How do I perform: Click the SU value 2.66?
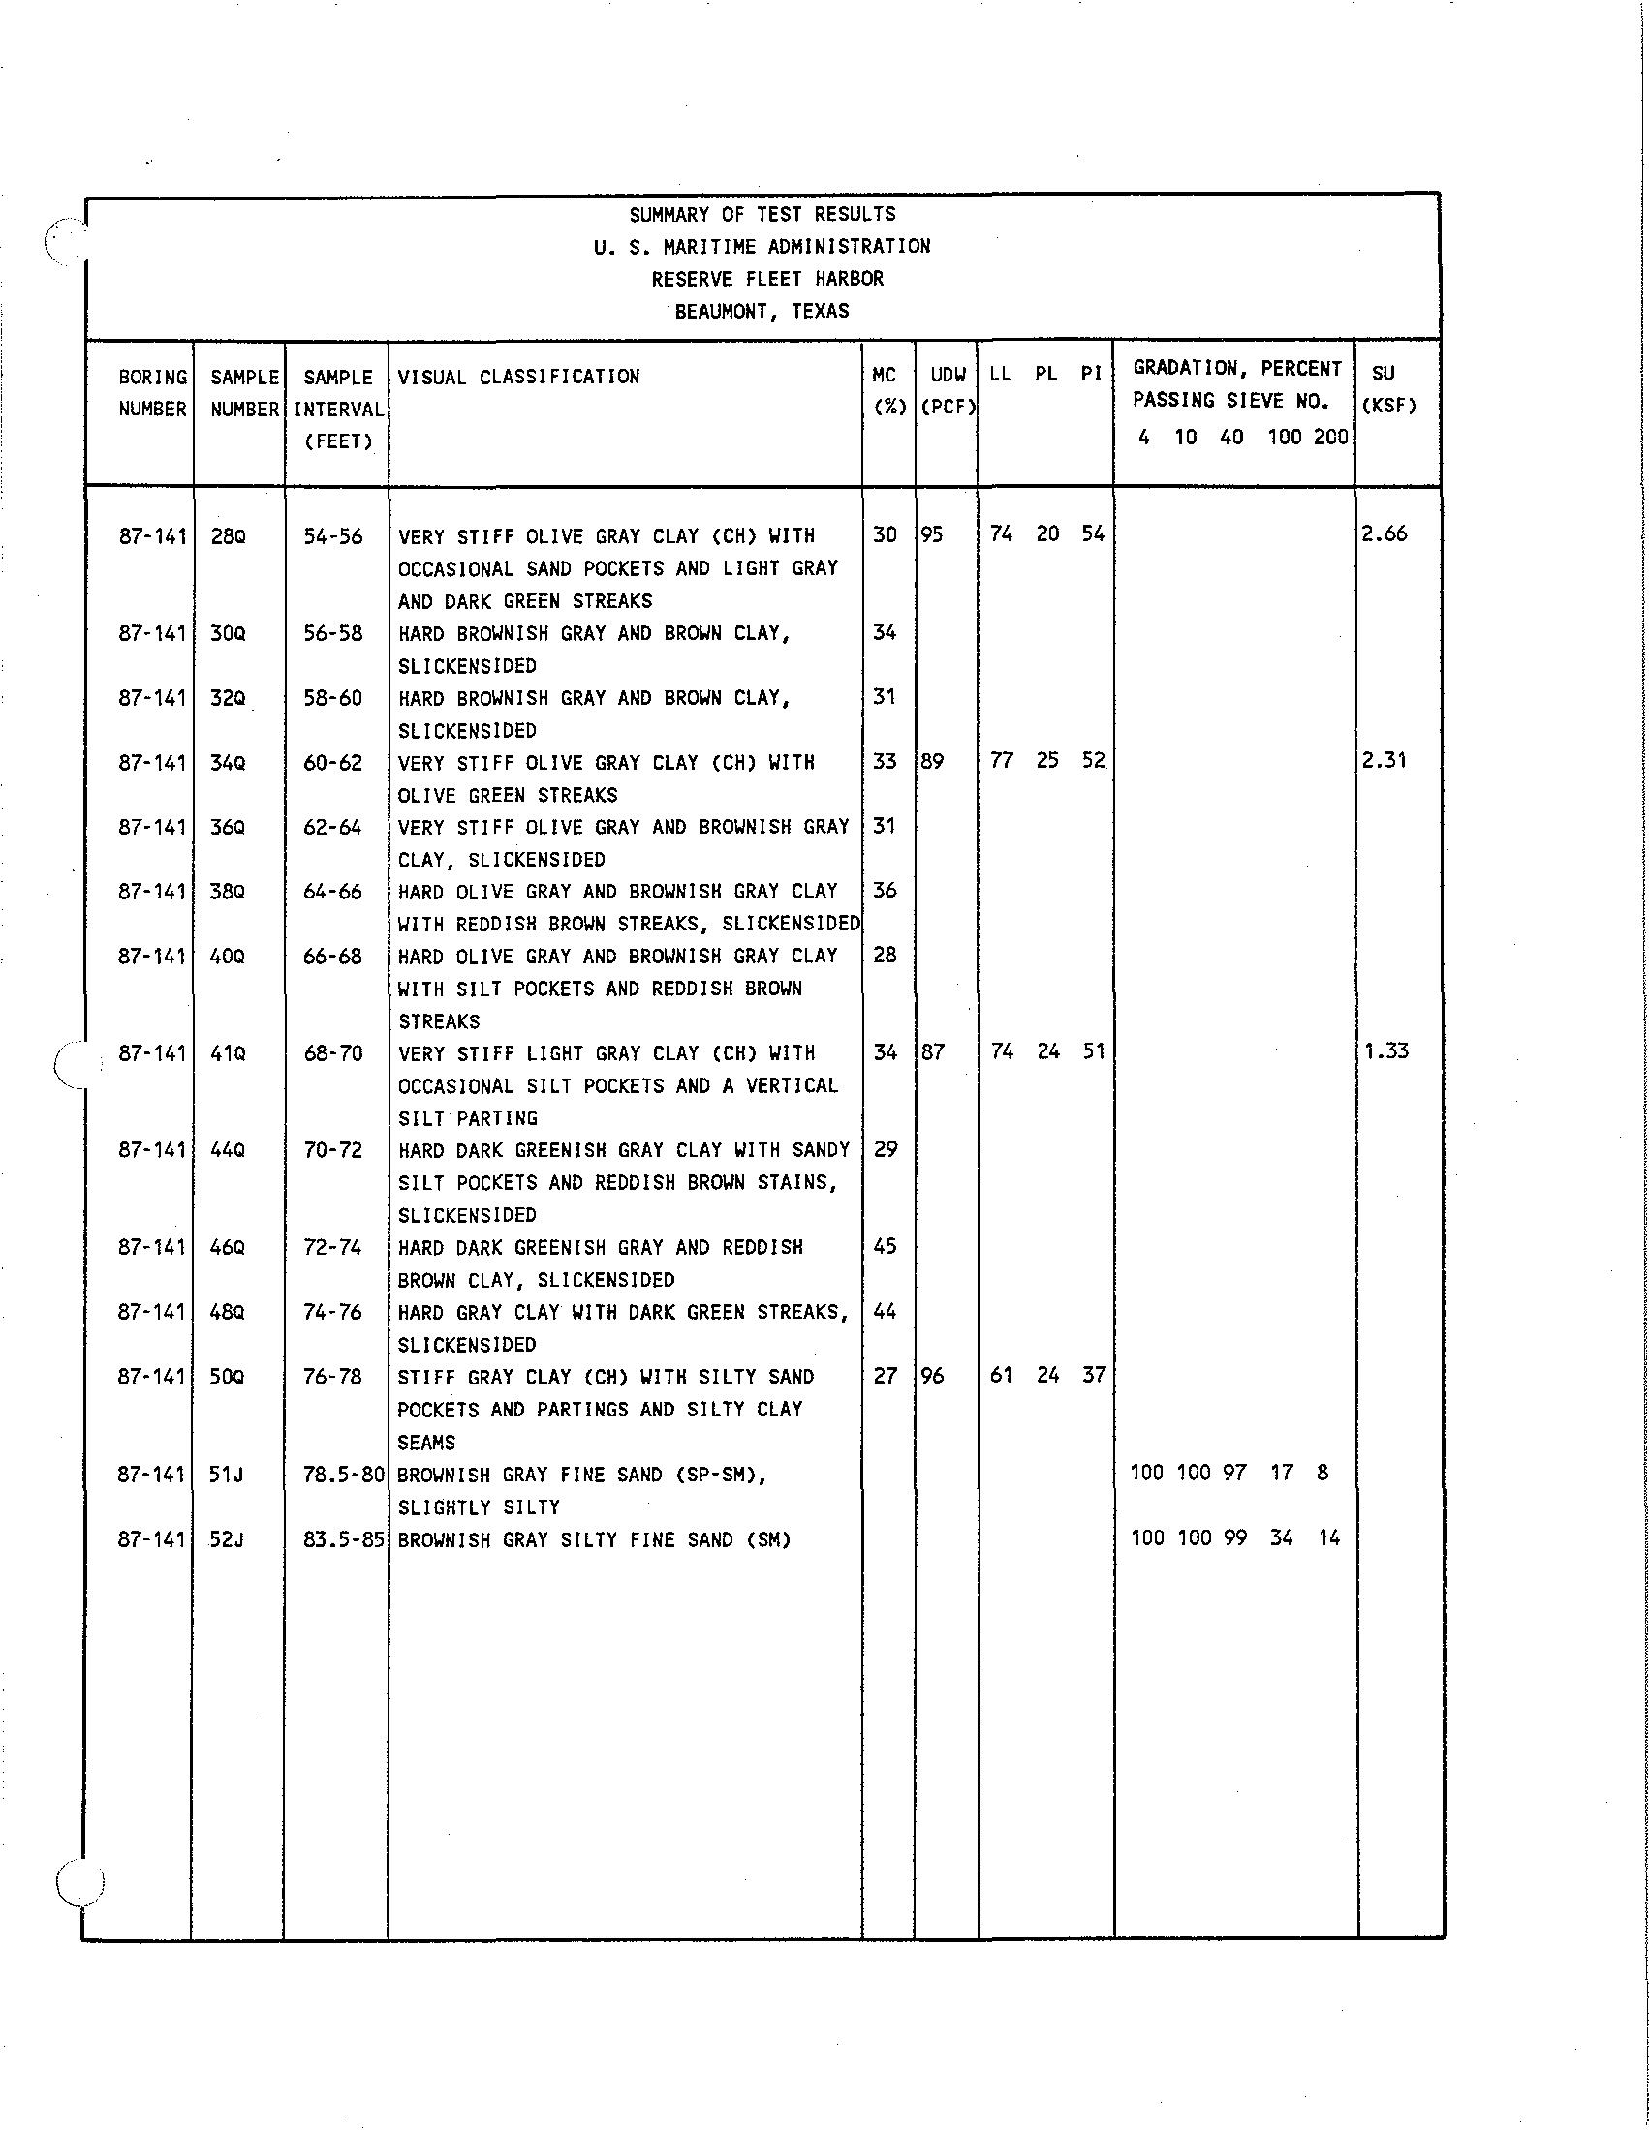(1385, 533)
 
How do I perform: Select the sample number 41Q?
(228, 1053)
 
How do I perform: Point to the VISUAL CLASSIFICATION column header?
(518, 377)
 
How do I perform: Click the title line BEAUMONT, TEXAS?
(762, 311)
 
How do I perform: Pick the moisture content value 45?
(885, 1245)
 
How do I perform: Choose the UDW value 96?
(933, 1375)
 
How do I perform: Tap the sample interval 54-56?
(332, 535)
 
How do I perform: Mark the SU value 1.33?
(1386, 1051)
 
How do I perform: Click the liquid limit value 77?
(1002, 760)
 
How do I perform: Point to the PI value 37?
(1094, 1375)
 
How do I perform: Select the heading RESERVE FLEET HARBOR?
(767, 279)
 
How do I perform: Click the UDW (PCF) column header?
(948, 391)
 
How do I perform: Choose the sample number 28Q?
(229, 535)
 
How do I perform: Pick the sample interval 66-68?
(332, 956)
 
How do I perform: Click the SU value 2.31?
(1385, 760)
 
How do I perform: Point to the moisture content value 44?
(885, 1311)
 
